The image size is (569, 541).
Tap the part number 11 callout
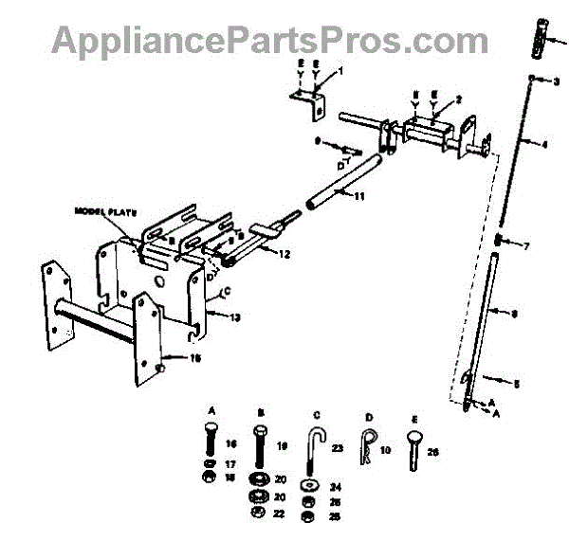pyautogui.click(x=359, y=197)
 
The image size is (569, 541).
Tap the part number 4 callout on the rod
pyautogui.click(x=544, y=144)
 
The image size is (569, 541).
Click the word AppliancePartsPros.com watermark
pyautogui.click(x=270, y=41)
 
